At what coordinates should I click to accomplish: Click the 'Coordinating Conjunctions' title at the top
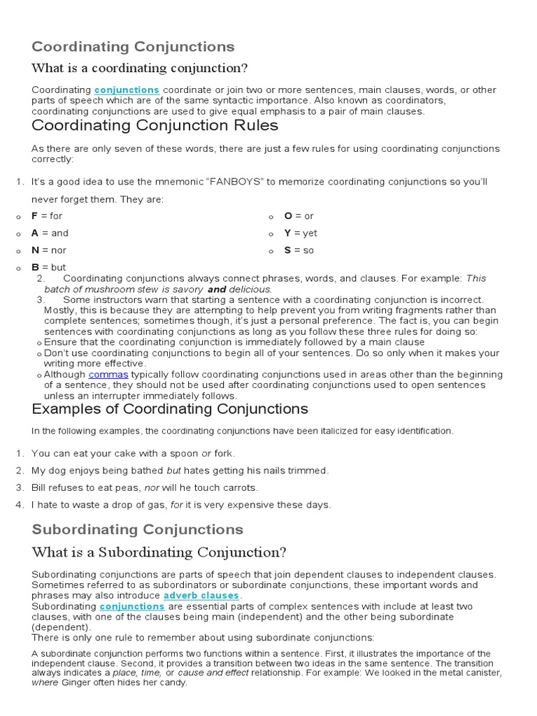pos(133,47)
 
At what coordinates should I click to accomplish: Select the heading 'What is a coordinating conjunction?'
pos(140,68)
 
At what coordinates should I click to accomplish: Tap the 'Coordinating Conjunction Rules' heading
pos(155,125)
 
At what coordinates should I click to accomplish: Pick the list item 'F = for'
pos(47,216)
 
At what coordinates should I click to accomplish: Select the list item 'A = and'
pos(50,233)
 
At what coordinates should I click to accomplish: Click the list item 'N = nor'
pos(49,250)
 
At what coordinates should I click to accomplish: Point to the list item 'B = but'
pos(48,267)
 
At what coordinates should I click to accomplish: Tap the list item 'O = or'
pos(299,216)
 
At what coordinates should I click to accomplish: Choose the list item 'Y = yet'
pos(300,233)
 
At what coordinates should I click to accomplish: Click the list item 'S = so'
pos(299,250)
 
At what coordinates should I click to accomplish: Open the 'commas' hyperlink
pos(108,375)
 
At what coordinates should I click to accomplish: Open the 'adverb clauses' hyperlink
pos(201,596)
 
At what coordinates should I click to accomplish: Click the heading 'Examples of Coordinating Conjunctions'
pos(170,409)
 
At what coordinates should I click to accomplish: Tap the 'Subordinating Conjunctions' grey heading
pos(138,529)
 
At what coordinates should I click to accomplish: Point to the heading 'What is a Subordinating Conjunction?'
pos(159,552)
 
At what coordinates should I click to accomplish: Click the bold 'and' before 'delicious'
pos(217,289)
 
